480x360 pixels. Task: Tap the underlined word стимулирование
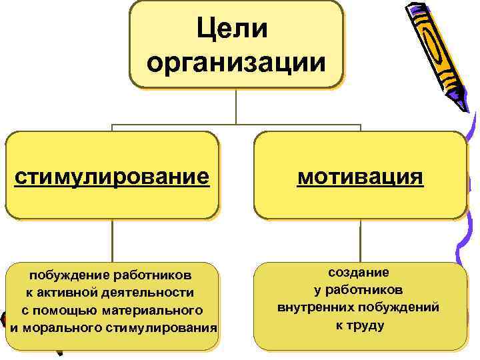112,177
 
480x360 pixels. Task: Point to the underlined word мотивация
360,177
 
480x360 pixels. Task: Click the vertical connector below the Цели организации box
236,107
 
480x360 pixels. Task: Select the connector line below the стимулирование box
112,241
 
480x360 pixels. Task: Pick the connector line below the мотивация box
360,241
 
